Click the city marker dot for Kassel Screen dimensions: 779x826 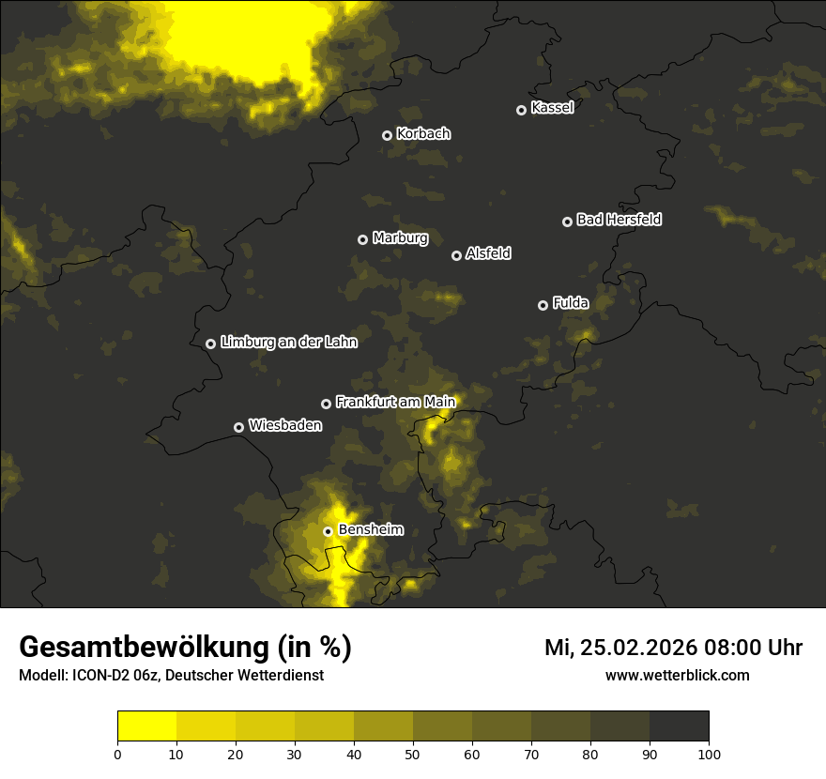point(521,110)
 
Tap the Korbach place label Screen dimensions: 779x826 point(423,133)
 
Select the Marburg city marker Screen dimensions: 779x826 point(362,239)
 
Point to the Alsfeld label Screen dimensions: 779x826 point(489,253)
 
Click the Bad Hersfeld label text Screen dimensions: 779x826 point(619,220)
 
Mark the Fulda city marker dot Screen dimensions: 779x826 point(543,305)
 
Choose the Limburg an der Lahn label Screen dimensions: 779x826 point(289,342)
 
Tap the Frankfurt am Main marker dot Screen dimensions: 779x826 point(326,404)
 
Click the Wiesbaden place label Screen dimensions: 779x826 point(285,425)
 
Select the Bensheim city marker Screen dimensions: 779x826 point(328,531)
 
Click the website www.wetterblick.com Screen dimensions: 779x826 point(678,675)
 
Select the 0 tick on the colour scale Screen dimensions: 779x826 point(117,754)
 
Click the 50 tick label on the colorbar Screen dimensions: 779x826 point(413,754)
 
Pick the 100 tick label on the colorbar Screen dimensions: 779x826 point(709,754)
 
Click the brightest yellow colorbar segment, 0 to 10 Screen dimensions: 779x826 point(146,726)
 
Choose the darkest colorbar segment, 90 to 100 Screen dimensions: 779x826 point(679,726)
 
